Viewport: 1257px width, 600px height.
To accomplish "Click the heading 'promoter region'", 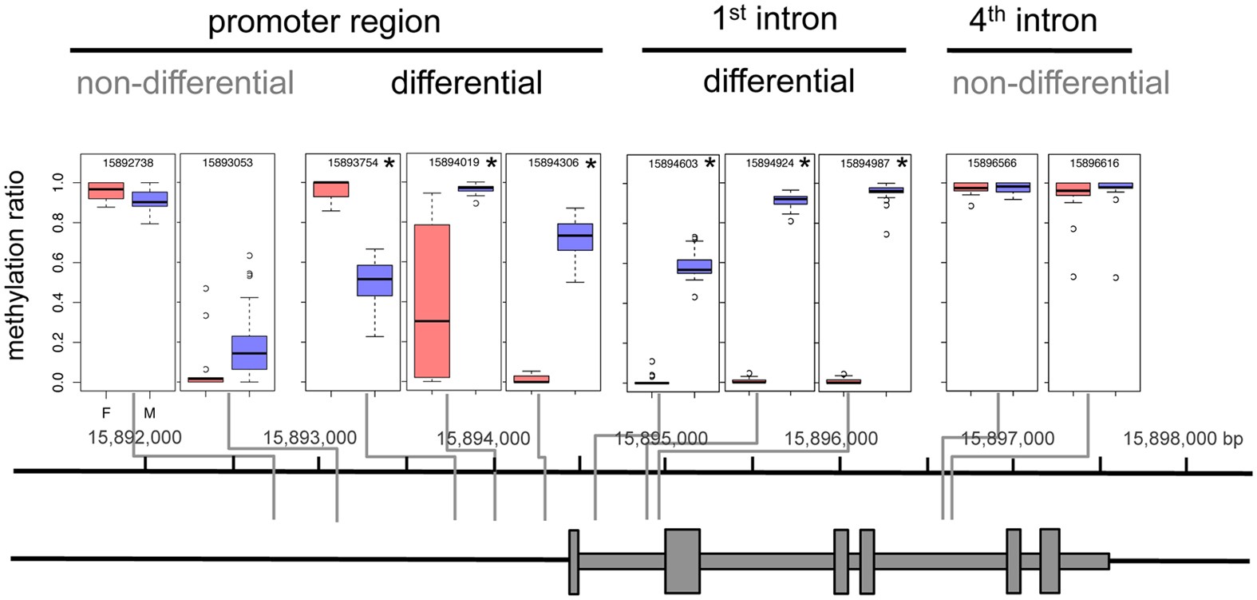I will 324,22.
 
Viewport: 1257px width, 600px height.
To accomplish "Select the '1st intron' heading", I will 773,18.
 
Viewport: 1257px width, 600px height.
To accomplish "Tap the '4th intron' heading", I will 1032,20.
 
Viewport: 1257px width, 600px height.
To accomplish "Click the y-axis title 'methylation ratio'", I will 16,265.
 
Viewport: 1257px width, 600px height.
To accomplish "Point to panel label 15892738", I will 128,163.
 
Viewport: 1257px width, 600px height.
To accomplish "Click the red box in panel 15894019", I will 432,301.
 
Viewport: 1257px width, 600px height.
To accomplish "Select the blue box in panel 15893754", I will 374,280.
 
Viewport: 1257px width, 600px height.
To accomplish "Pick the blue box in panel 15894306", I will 575,236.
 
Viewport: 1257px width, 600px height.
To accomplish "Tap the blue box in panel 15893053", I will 249,352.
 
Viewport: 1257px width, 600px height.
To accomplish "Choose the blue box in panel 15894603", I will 694,266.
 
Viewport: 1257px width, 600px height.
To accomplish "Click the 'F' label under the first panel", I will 105,413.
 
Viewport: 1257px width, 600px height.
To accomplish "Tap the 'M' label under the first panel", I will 149,413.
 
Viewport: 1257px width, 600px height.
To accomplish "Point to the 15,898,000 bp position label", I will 1182,439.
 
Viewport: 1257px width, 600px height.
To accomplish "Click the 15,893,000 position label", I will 310,438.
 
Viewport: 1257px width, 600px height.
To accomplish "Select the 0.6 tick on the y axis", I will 57,263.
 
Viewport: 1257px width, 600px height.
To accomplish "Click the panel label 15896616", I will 1094,163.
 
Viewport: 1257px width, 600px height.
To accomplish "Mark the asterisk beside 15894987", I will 902,164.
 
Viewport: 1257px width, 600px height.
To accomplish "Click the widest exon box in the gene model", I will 682,561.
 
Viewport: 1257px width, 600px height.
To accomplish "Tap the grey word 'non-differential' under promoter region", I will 185,83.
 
